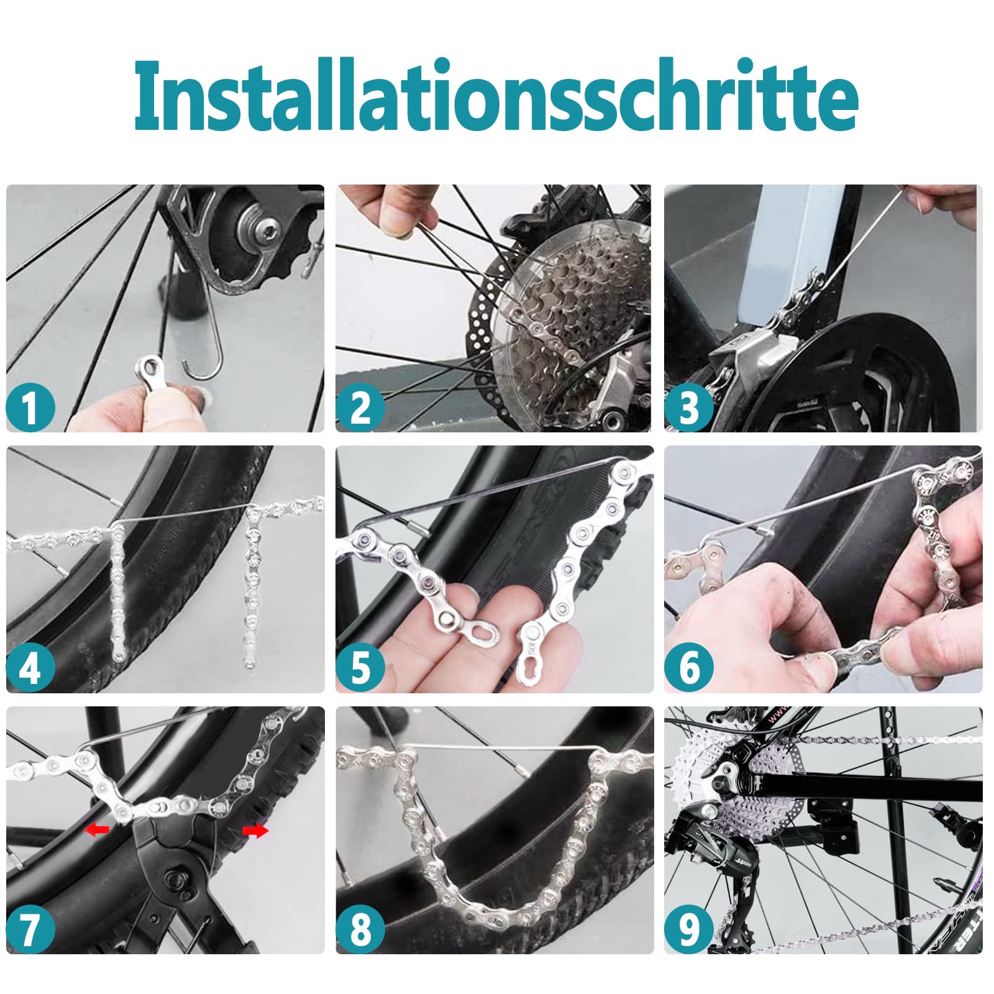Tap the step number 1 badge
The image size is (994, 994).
[x=30, y=408]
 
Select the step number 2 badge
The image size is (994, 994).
[x=360, y=408]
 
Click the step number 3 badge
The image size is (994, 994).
[x=689, y=408]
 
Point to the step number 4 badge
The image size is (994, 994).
[x=30, y=668]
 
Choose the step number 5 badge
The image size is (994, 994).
[x=360, y=668]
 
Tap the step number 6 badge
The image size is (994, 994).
[x=689, y=668]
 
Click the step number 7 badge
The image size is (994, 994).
[x=30, y=929]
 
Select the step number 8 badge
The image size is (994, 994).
[x=360, y=929]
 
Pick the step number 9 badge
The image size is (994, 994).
[x=689, y=929]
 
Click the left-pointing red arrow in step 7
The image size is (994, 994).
[x=97, y=829]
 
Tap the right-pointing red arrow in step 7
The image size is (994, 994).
[x=255, y=831]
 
